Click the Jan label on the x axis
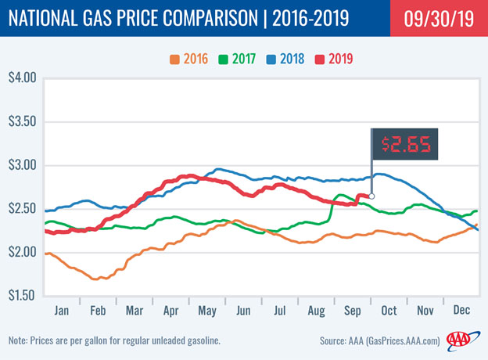pyautogui.click(x=60, y=310)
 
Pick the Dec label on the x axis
pyautogui.click(x=461, y=310)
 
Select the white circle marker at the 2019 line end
pyautogui.click(x=371, y=196)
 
